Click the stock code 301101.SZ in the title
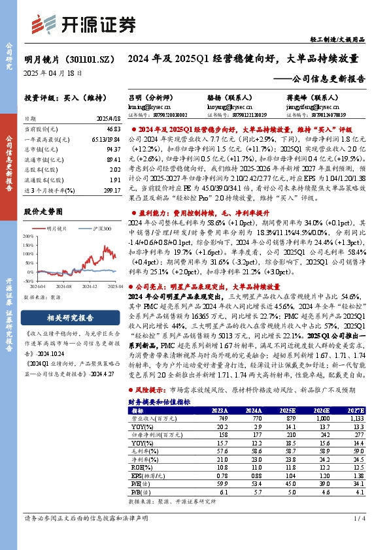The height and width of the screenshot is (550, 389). pyautogui.click(x=90, y=58)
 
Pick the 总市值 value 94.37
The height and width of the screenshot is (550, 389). pyautogui.click(x=112, y=148)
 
